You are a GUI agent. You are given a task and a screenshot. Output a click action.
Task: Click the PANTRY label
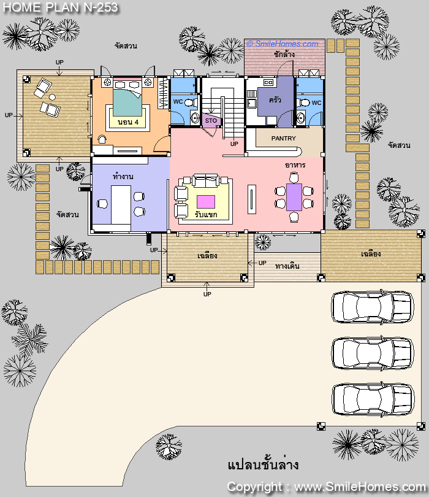(x=283, y=139)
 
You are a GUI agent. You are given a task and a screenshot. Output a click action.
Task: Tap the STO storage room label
(x=211, y=121)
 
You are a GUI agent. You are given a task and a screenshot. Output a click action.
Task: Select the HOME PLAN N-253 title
(x=61, y=7)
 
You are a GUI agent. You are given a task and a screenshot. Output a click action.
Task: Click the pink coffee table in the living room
(x=206, y=202)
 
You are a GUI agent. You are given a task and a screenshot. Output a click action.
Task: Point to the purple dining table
(x=294, y=197)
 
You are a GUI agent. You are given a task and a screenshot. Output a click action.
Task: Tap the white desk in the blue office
(x=121, y=205)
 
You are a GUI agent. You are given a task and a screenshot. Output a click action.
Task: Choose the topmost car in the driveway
(x=373, y=307)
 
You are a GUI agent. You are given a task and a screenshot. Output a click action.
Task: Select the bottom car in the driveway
(x=373, y=399)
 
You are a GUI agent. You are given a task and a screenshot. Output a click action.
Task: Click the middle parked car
(x=373, y=353)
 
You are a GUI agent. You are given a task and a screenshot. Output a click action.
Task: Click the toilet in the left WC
(x=190, y=102)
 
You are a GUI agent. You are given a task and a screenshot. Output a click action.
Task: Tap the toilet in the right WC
(x=304, y=102)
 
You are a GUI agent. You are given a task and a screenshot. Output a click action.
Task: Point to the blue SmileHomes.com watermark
(x=283, y=44)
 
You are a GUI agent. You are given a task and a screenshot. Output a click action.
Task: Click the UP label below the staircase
(x=234, y=144)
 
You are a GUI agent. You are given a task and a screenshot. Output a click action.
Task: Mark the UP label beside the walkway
(x=262, y=263)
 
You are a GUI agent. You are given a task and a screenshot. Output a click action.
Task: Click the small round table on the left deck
(x=52, y=97)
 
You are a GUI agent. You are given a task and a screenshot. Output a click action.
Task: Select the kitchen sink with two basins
(x=268, y=83)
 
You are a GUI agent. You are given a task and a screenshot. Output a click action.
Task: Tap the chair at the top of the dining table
(x=294, y=177)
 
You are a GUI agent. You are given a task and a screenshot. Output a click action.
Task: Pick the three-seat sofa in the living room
(x=206, y=180)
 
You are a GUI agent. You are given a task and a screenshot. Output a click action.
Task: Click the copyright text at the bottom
(x=327, y=487)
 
